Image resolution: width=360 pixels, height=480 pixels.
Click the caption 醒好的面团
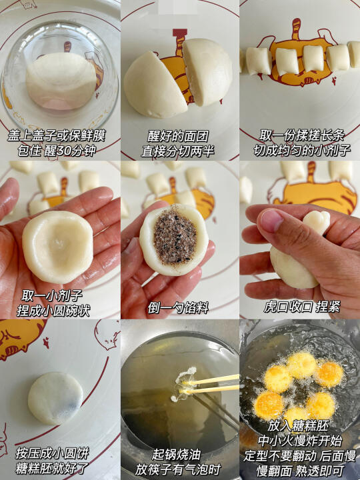[178, 136]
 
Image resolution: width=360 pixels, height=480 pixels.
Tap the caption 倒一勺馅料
[178, 307]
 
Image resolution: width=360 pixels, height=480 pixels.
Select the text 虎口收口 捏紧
[302, 307]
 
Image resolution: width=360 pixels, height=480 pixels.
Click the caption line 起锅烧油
[175, 455]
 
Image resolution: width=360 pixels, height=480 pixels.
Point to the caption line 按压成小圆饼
[52, 453]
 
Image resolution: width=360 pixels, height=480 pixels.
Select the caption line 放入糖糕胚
[299, 426]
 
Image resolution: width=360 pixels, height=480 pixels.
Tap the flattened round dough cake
[55, 398]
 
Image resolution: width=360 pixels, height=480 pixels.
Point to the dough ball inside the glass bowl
[61, 81]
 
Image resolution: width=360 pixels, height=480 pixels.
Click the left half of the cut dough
[155, 86]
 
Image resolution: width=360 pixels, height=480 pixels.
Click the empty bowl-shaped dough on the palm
[57, 247]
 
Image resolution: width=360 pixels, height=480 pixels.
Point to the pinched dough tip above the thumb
[317, 222]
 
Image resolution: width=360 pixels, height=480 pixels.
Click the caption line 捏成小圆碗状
[53, 311]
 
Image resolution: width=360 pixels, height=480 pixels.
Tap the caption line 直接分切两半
[178, 151]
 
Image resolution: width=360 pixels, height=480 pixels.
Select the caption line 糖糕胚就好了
[52, 469]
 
